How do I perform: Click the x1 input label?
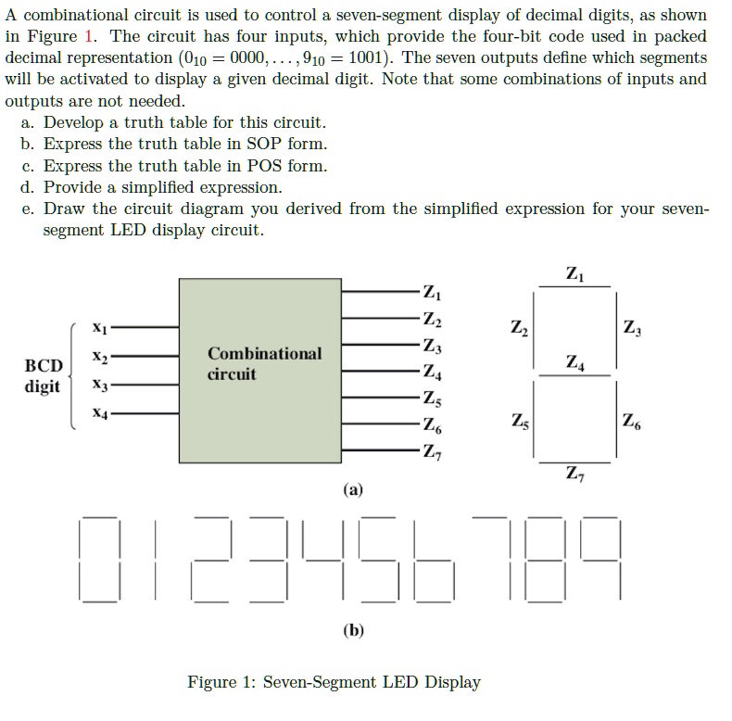[x=100, y=328]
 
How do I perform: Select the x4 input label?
[x=100, y=413]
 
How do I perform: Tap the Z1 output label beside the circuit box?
[x=432, y=292]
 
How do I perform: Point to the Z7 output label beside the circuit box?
[x=433, y=451]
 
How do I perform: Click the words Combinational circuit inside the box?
[x=265, y=363]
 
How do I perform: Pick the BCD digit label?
[x=44, y=376]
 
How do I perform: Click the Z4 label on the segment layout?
[x=574, y=362]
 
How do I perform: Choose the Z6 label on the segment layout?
[x=631, y=422]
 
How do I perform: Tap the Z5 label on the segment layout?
[x=520, y=422]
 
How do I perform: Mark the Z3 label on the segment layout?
[x=632, y=328]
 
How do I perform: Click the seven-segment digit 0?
[x=99, y=559]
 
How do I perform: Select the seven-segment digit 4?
[x=323, y=559]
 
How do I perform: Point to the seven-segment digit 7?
[x=492, y=559]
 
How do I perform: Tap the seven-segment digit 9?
[x=600, y=559]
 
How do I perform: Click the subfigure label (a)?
[x=353, y=490]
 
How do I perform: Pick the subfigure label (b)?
[x=353, y=630]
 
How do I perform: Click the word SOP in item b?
[x=263, y=144]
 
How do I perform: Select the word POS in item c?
[x=264, y=166]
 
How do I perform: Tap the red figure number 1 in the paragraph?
[x=88, y=36]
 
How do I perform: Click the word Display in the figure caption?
[x=452, y=682]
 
